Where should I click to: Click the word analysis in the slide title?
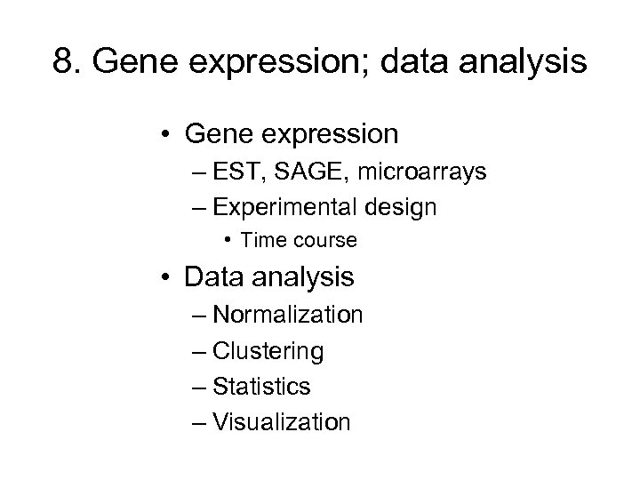coord(528,65)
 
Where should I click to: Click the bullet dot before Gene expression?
coord(167,135)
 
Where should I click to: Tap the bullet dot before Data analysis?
coord(167,277)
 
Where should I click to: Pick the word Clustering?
coord(268,351)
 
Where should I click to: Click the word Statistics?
coord(262,386)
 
